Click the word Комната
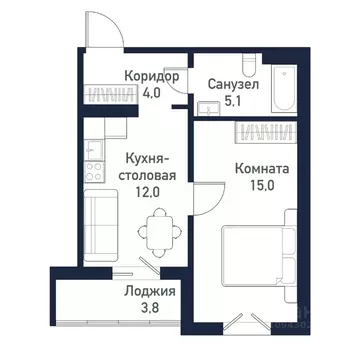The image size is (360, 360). (264, 170)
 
